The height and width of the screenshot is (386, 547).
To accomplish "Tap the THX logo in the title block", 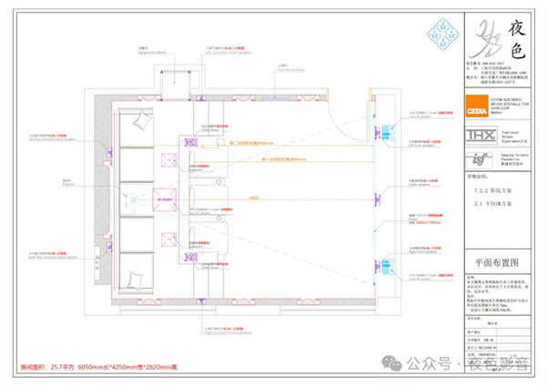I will (476, 135).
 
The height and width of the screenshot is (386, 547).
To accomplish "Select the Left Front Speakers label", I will (405, 117).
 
